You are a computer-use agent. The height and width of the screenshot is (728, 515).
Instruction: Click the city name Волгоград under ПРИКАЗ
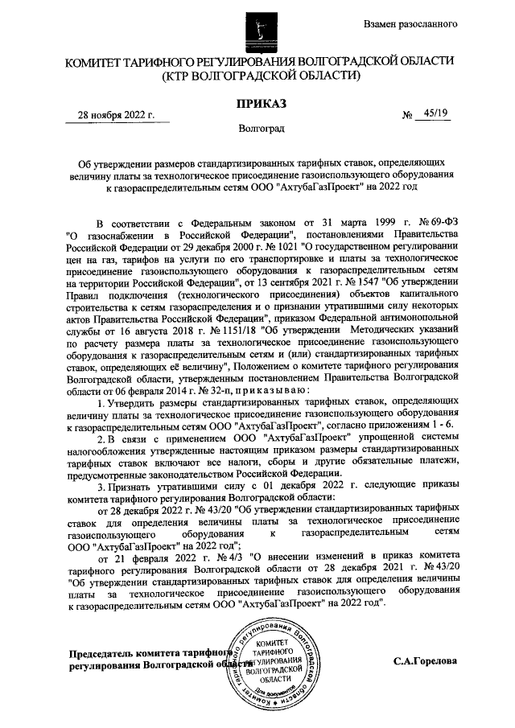257,128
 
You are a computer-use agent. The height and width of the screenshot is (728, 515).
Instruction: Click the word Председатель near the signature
105,654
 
